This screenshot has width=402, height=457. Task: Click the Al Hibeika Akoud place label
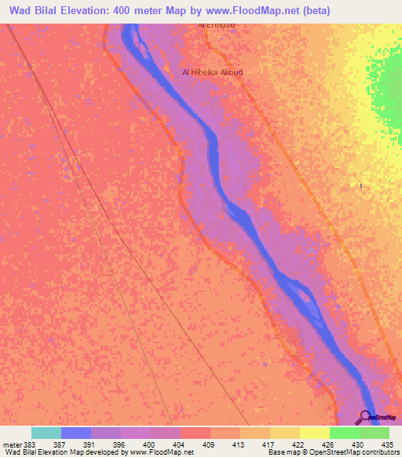[x=212, y=72]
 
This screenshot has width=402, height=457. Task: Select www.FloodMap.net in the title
[x=252, y=11]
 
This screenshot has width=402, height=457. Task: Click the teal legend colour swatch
[x=46, y=433]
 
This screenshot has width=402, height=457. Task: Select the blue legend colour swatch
[x=76, y=433]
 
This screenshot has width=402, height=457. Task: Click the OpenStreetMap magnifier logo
[x=366, y=417]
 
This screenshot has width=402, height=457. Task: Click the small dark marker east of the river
[x=360, y=185]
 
